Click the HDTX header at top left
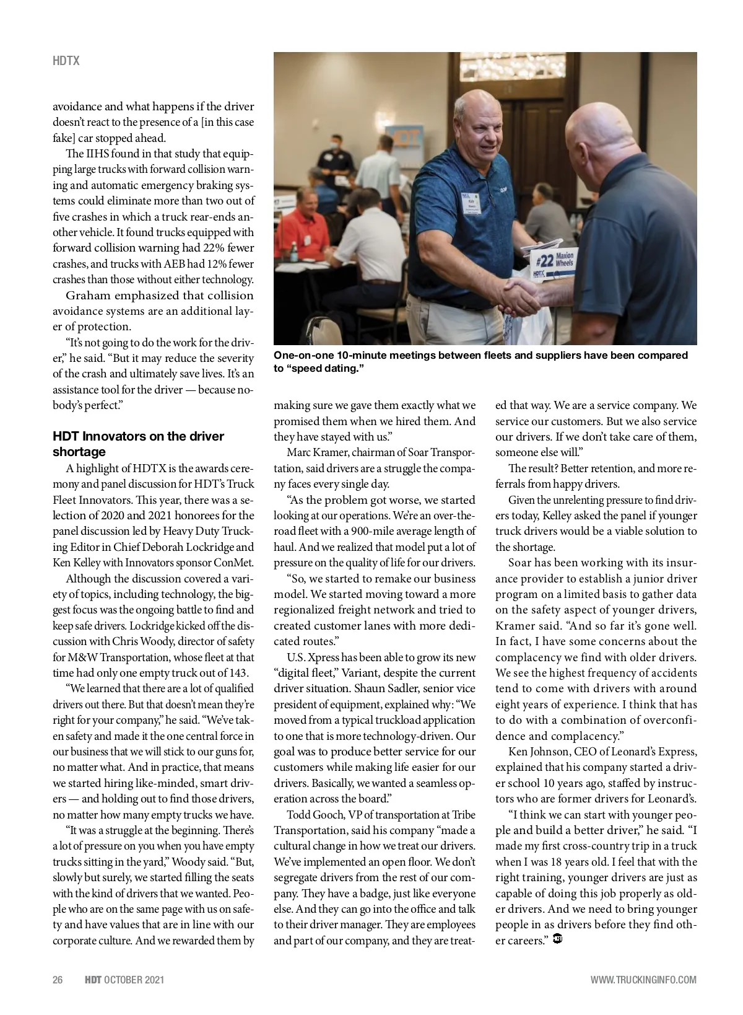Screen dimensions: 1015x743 tap(66, 61)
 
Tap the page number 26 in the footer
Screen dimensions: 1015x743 tap(58, 980)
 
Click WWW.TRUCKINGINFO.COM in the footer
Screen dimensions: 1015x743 tap(643, 980)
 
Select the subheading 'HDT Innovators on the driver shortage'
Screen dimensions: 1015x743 tap(138, 444)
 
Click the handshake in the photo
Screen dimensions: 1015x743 tap(521, 295)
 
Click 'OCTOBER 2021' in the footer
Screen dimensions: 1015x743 tap(134, 980)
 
